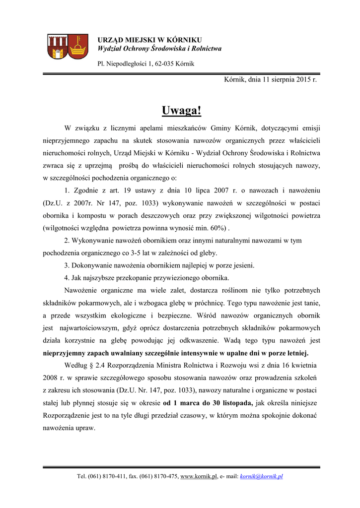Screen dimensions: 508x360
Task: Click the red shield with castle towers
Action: [57, 47]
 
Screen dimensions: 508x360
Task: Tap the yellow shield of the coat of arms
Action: [77, 47]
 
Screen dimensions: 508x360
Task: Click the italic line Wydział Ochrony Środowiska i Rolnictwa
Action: [159, 49]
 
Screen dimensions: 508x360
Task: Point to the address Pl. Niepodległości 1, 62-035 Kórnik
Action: [145, 64]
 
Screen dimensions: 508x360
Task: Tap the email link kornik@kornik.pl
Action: [261, 477]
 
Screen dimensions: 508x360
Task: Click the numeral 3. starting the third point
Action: [67, 265]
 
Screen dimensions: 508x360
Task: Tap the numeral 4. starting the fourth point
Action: [67, 278]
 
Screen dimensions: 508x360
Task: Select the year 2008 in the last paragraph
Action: [50, 378]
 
